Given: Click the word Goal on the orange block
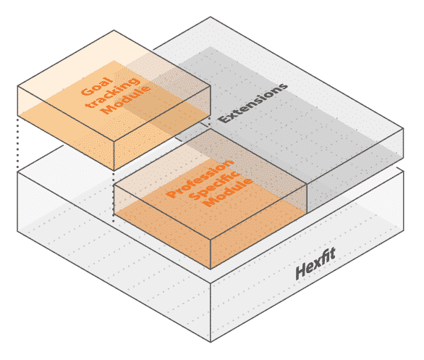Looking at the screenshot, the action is tap(96, 86).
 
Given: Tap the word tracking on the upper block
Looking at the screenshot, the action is tap(114, 92).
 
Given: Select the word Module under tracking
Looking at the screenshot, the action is tap(127, 100).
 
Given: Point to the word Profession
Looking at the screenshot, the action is tap(200, 179).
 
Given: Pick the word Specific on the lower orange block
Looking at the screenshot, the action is tap(214, 185).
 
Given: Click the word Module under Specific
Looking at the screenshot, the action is tap(229, 192).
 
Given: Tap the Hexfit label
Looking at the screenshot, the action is tap(315, 264).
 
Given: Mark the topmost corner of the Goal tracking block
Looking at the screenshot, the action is tap(114, 30).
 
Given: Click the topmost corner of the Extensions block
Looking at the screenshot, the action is tap(211, 17).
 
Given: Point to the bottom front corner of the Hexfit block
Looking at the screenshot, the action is tap(211, 342).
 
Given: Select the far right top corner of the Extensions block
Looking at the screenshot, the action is tap(404, 128).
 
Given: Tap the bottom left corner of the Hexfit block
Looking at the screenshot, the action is tap(17, 231).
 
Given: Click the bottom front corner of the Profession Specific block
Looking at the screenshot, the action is tap(211, 269).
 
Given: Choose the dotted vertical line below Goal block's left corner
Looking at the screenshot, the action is tap(17, 144).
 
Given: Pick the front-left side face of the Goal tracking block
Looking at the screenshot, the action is tap(66, 128).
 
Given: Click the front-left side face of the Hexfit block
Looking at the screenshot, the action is tap(114, 257).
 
